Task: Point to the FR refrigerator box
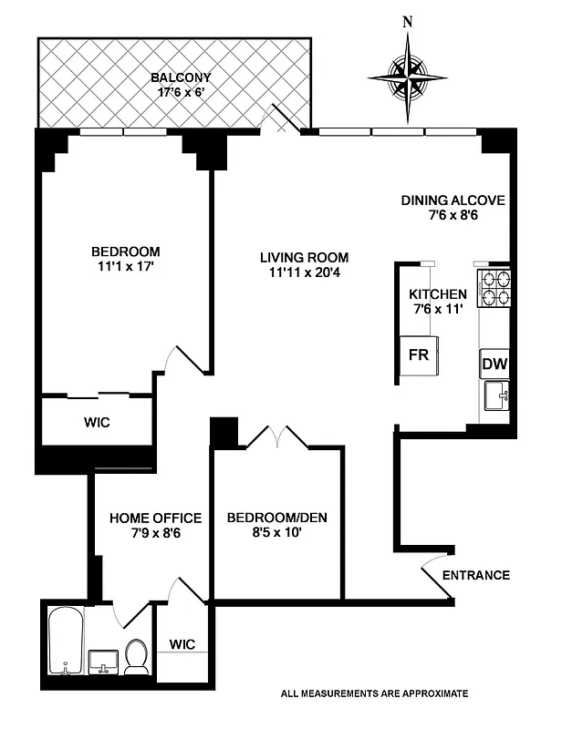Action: [x=420, y=355]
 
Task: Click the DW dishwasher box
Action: [x=494, y=364]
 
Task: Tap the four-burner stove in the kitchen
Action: [x=494, y=288]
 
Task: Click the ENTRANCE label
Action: [x=475, y=575]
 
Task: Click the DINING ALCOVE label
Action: [x=453, y=200]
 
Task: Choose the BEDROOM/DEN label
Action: [x=276, y=519]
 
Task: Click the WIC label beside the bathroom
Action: [x=182, y=644]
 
